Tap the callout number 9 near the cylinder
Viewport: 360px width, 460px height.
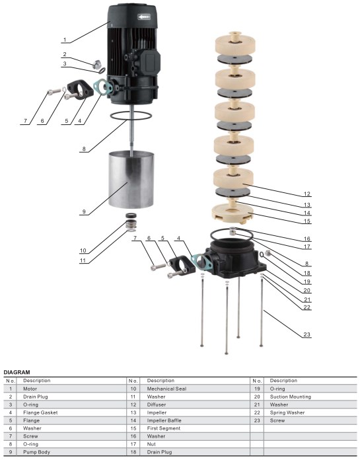point(84,211)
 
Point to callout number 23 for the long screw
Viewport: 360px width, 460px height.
point(306,334)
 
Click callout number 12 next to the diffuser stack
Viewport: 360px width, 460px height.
point(306,194)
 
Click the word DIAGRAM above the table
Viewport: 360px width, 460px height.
point(17,372)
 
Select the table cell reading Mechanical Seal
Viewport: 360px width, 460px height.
point(168,389)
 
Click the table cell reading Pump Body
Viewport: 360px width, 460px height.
point(37,451)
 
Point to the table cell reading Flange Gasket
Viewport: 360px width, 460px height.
point(40,412)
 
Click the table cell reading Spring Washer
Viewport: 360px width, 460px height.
point(290,412)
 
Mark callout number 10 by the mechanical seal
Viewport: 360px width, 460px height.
point(83,251)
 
